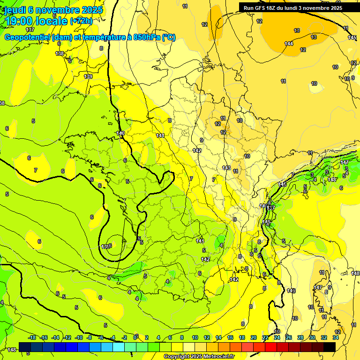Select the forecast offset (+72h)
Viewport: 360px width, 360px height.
click(81, 21)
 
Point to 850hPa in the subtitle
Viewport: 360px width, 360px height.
click(145, 37)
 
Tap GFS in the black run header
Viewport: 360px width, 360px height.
click(259, 8)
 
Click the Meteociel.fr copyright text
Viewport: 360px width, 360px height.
click(199, 357)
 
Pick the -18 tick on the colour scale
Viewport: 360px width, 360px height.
click(32, 337)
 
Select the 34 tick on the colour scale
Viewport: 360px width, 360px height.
click(336, 337)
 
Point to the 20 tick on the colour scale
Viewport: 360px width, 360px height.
click(254, 337)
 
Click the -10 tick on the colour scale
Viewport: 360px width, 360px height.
click(79, 337)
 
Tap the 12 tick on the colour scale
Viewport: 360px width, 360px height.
click(207, 337)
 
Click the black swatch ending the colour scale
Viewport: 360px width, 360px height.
click(330, 347)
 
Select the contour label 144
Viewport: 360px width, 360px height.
click(289, 44)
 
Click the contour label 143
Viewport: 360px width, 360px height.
click(226, 168)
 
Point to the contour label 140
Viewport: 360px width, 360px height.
click(120, 134)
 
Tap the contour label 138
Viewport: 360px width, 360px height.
click(60, 53)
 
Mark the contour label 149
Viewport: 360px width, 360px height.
click(291, 291)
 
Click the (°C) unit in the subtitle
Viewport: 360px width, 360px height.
click(169, 37)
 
